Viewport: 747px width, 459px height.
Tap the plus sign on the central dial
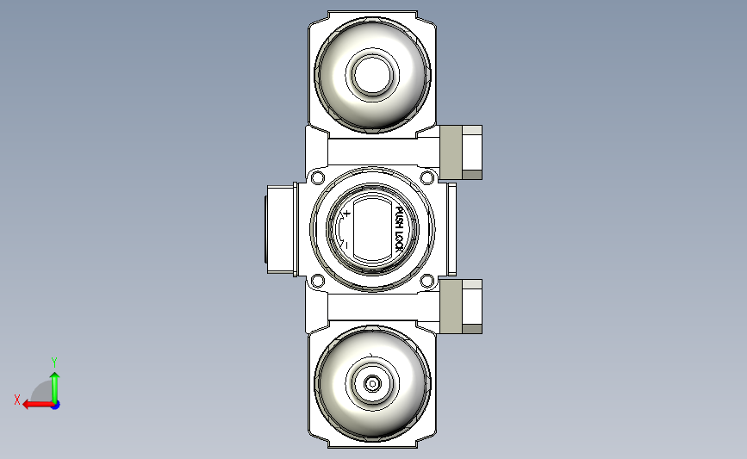(346, 212)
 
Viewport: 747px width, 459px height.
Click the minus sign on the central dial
(345, 245)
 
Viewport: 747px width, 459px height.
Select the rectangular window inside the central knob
(372, 229)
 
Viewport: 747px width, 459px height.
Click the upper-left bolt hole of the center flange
(317, 178)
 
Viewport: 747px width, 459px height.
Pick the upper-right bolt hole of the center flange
(426, 178)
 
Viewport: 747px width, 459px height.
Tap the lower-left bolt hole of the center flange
(317, 281)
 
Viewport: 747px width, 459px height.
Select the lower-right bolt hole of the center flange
(426, 281)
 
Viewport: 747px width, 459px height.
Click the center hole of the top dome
(372, 75)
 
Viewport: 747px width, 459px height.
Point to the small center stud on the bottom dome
(372, 384)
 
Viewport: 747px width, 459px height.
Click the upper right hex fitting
(460, 152)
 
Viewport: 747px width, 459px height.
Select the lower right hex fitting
(460, 306)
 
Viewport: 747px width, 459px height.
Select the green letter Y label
(54, 362)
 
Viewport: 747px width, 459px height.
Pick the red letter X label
(16, 400)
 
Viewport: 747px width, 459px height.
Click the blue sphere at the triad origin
(55, 404)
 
